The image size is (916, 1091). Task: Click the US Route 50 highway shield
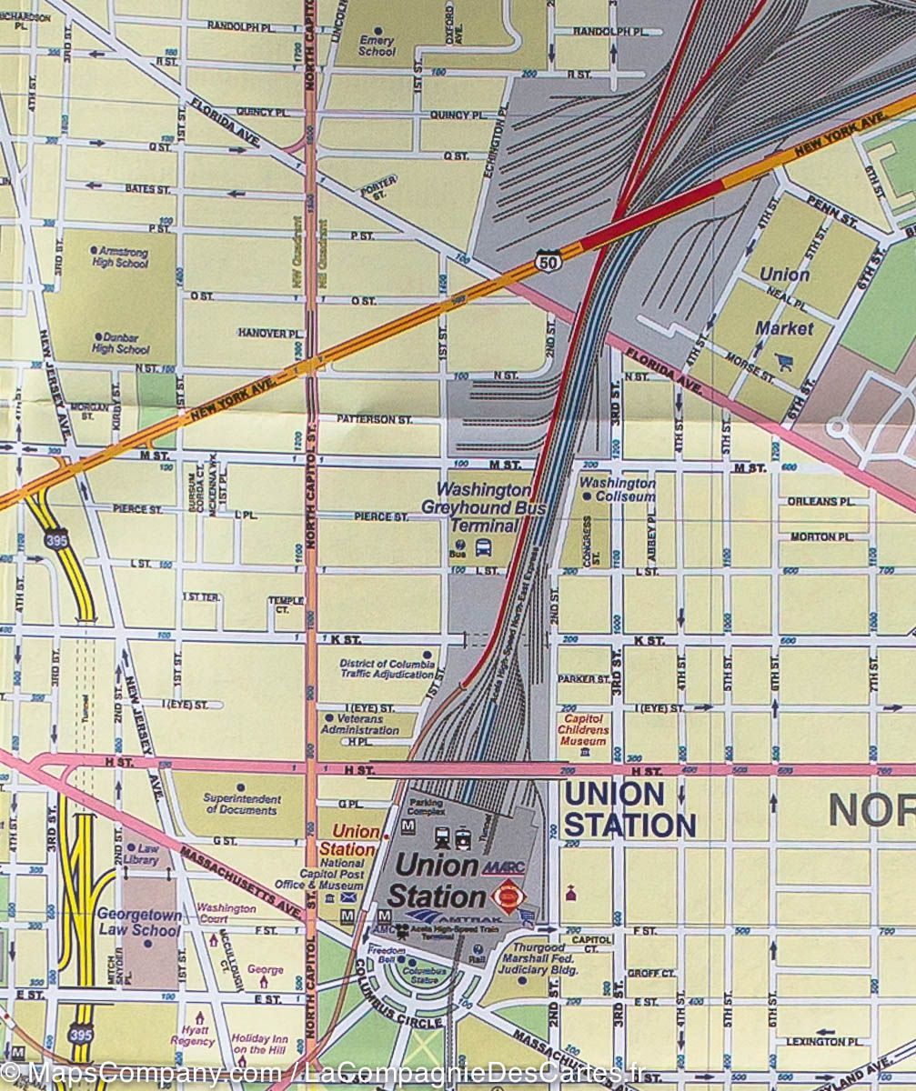[x=549, y=259]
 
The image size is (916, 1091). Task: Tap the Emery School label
[x=377, y=46]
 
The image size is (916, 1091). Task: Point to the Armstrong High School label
[x=120, y=256]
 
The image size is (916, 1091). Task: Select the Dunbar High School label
[x=120, y=343]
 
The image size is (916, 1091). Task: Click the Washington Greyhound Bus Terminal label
[x=483, y=507]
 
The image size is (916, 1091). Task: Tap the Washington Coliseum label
[x=618, y=489]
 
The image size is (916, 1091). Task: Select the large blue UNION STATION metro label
[x=629, y=809]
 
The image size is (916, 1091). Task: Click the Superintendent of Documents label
[x=242, y=804]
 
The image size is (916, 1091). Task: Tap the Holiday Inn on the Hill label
[x=261, y=1044]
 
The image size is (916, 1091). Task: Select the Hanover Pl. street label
[x=270, y=333]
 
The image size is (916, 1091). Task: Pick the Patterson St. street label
[x=374, y=419]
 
